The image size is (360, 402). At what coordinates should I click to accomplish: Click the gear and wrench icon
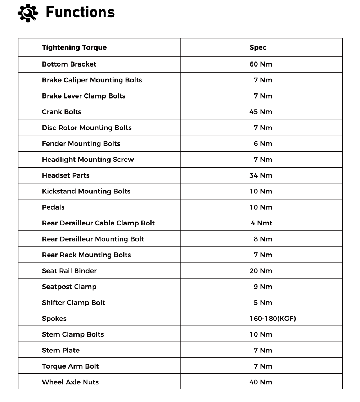click(x=27, y=13)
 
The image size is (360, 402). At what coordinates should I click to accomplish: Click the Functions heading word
click(x=80, y=12)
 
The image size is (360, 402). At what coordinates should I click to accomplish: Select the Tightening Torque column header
click(x=74, y=47)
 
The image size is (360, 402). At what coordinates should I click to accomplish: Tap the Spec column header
click(x=258, y=47)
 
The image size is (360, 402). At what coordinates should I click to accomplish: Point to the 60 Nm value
click(x=261, y=64)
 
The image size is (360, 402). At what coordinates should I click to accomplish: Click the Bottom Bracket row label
click(x=69, y=64)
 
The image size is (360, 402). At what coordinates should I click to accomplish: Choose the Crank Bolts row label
click(x=62, y=112)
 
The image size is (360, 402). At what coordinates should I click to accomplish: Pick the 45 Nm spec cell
click(x=261, y=112)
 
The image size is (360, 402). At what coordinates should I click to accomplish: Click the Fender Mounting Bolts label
click(x=81, y=143)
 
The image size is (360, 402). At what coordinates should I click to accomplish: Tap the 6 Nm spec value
click(x=263, y=143)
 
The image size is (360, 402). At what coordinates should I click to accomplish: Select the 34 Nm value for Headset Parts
click(x=261, y=175)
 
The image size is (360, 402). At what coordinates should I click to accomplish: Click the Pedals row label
click(x=53, y=207)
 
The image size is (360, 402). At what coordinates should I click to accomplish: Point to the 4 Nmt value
click(x=261, y=223)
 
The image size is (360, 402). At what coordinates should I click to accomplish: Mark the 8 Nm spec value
click(x=263, y=239)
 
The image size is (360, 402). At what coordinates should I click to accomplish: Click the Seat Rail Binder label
click(x=69, y=271)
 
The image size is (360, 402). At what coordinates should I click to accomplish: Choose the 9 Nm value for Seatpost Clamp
click(x=263, y=287)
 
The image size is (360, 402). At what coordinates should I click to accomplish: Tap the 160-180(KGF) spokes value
click(x=273, y=319)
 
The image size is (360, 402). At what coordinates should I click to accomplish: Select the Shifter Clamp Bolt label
click(x=73, y=302)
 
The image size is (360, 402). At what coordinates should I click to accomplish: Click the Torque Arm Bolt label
click(x=70, y=366)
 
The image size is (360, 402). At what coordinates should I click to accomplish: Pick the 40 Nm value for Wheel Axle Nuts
click(x=261, y=382)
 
